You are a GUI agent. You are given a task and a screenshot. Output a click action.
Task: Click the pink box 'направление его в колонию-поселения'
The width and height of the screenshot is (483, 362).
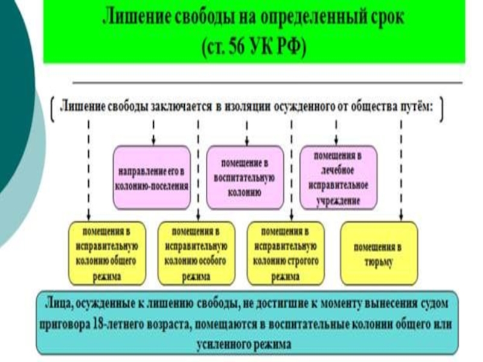point(152,177)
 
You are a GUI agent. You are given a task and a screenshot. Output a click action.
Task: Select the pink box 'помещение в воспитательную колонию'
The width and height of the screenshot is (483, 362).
point(245,177)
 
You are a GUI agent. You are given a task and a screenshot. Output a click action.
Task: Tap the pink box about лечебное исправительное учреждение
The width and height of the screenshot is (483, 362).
point(338,177)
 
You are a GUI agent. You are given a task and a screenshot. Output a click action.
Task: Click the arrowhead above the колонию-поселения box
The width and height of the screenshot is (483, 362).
point(153,141)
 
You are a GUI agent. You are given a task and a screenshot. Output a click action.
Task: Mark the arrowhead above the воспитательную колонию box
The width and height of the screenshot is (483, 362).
point(246,141)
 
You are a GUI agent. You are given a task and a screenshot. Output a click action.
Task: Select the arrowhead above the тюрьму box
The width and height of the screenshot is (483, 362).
point(401,218)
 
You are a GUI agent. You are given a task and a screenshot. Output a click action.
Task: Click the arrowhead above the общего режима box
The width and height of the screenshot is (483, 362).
point(89,218)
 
